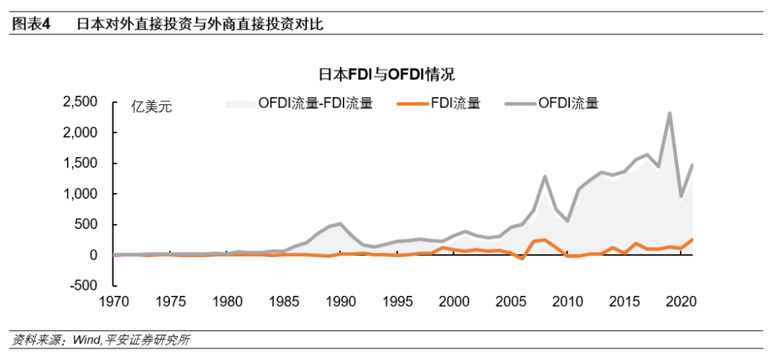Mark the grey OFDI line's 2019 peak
pyautogui.click(x=670, y=113)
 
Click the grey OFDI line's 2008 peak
pyautogui.click(x=545, y=176)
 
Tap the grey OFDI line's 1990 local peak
pyautogui.click(x=341, y=224)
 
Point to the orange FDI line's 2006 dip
pyautogui.click(x=522, y=258)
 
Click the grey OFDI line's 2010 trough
pyautogui.click(x=568, y=220)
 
